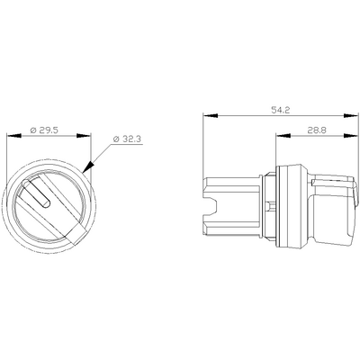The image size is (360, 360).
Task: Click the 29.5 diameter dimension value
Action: tap(54, 130)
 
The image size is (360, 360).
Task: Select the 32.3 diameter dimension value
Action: tap(133, 139)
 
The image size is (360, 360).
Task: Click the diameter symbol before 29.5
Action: tap(35, 130)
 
